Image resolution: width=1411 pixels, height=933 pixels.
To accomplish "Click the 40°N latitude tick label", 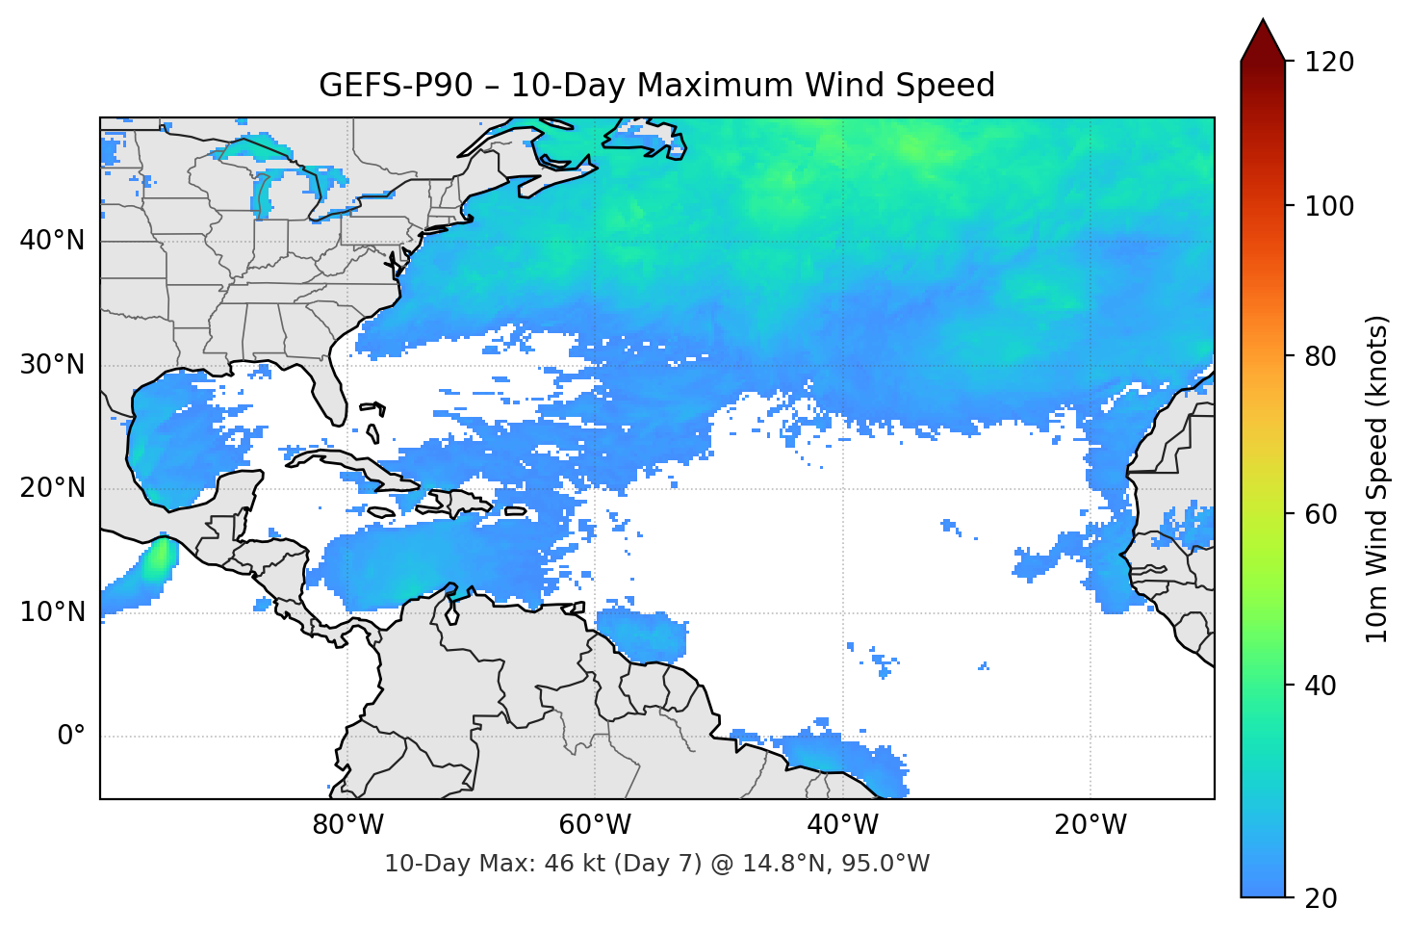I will point(53,241).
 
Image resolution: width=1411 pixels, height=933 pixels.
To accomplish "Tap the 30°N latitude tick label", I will point(53,365).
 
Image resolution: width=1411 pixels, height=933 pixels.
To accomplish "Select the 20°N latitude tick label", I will point(53,488).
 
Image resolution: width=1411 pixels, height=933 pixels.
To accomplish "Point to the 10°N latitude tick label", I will point(53,612).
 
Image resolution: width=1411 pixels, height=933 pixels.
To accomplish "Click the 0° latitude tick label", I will point(71,737).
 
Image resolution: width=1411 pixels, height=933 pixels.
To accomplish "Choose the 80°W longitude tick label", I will point(347,825).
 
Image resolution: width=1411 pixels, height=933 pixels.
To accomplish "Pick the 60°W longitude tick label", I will point(595,825).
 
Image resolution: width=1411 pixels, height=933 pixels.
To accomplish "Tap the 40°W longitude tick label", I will point(843,825).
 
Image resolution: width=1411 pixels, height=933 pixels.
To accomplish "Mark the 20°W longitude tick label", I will point(1090,825).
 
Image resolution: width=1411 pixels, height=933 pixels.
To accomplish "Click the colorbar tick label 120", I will point(1329,63).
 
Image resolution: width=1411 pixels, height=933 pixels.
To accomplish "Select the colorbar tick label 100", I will point(1329,206).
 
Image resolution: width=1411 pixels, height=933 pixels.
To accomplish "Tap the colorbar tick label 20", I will point(1321,898).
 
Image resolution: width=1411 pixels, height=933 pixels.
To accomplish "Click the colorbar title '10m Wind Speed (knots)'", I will point(1377,479).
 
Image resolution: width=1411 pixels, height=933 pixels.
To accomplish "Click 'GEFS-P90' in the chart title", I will point(396,86).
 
